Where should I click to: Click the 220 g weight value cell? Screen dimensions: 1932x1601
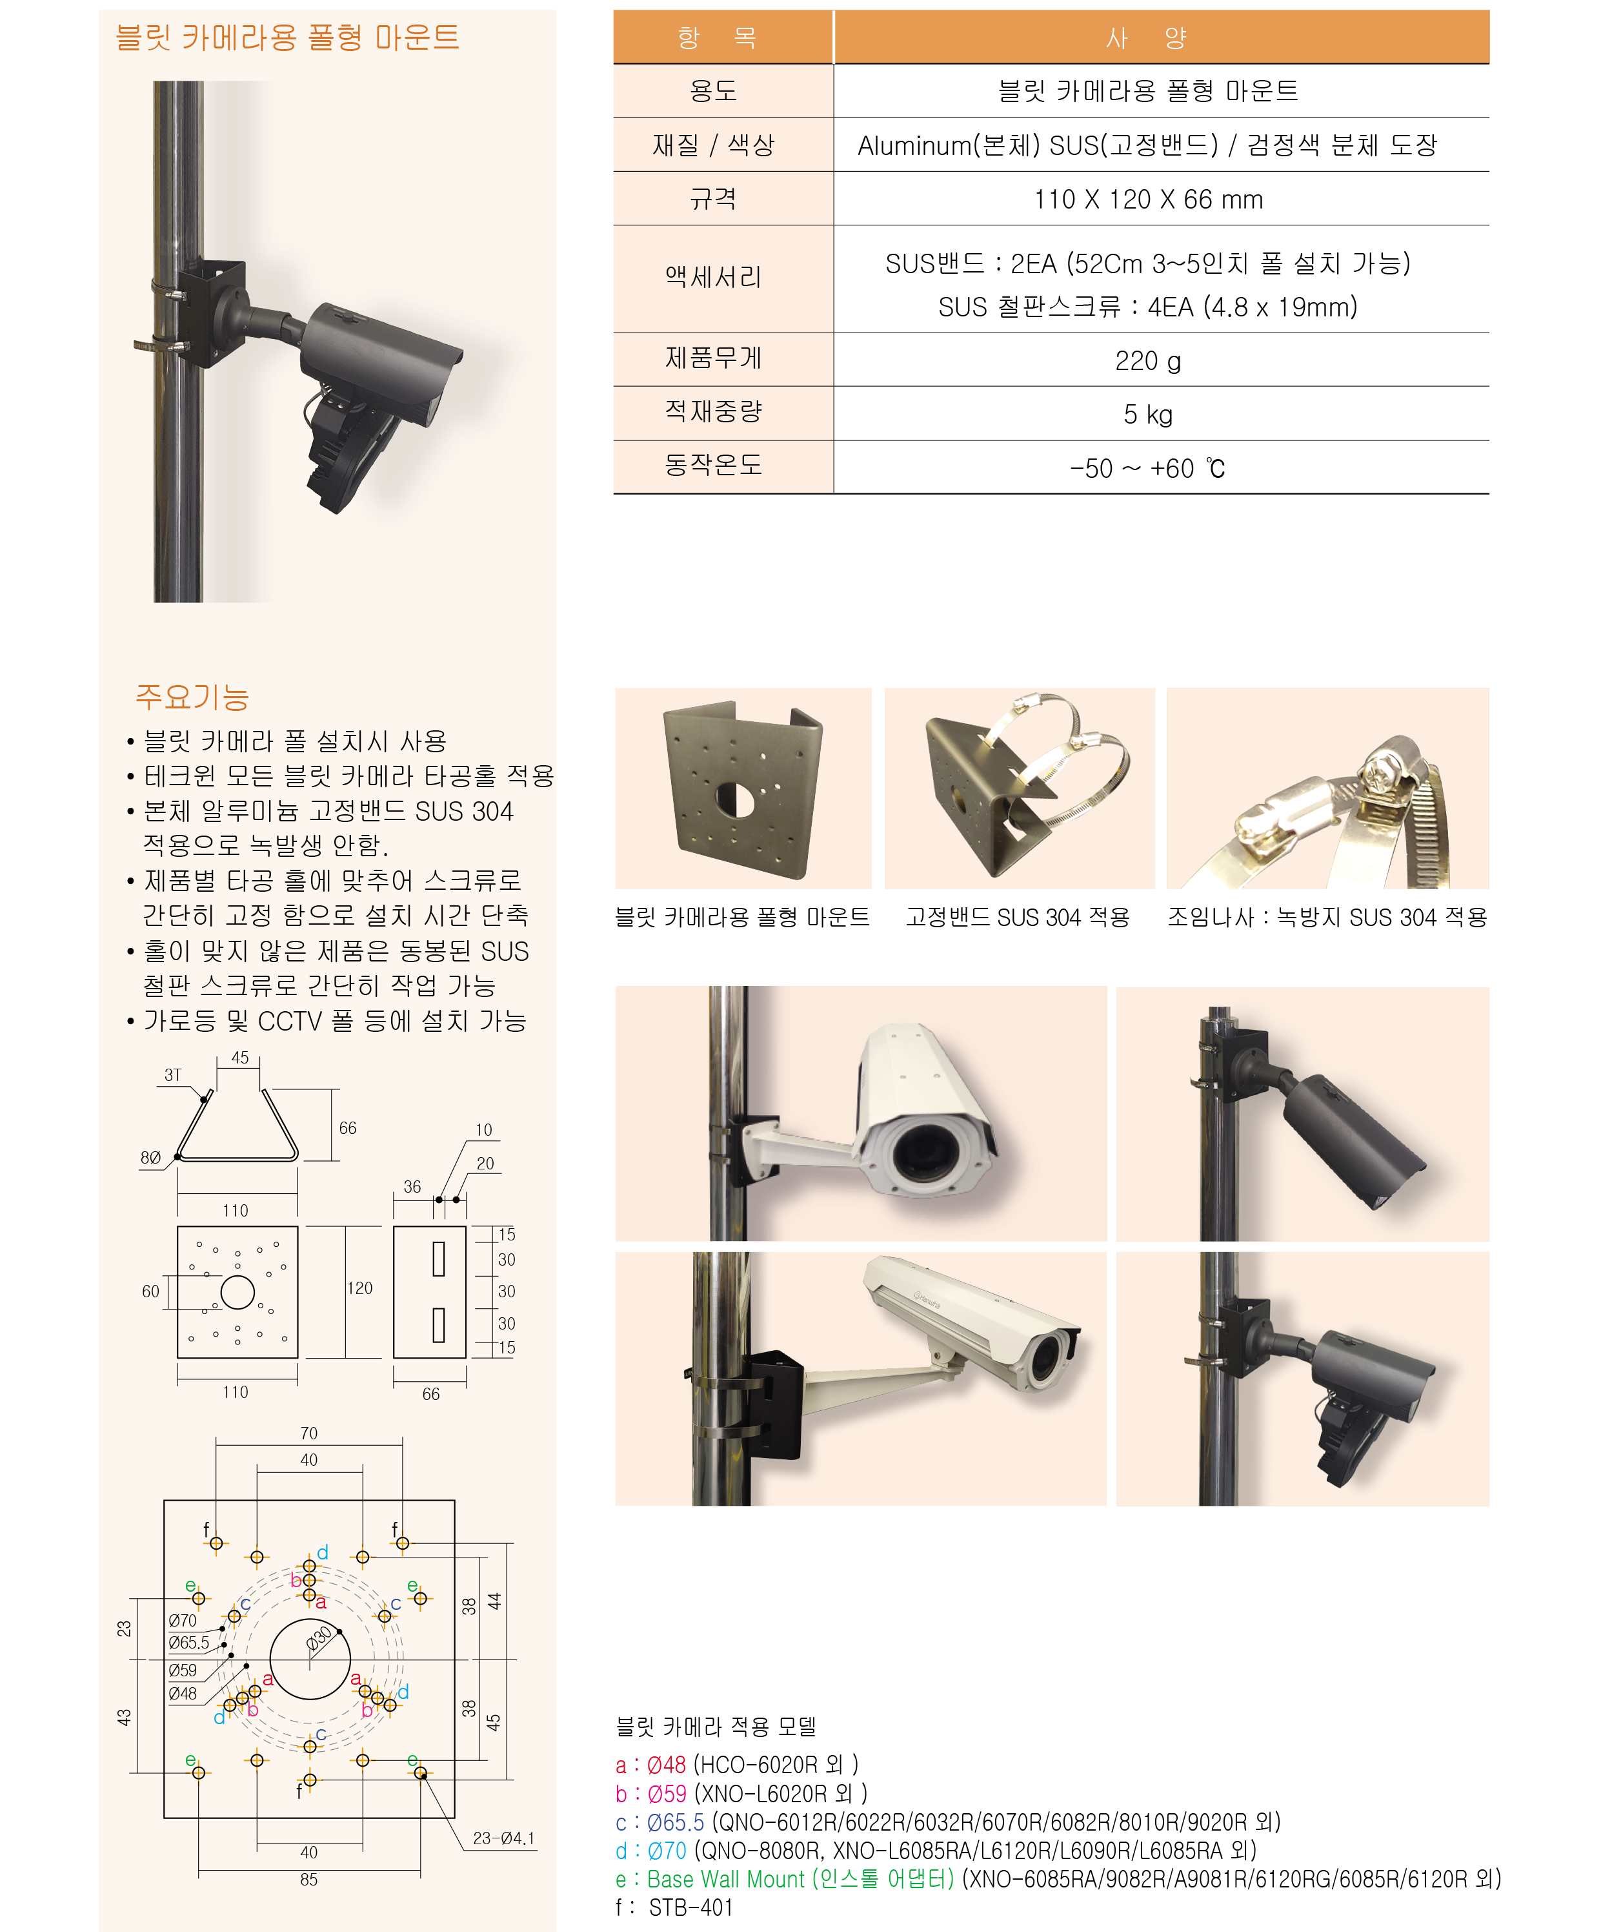(1147, 361)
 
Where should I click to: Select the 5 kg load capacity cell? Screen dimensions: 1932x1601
(1147, 414)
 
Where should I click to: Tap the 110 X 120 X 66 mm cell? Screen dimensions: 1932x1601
(1147, 199)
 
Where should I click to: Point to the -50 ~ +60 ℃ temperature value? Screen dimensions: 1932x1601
(1147, 468)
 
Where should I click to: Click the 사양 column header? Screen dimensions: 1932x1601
(1147, 37)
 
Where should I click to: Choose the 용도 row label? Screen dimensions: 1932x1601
(714, 91)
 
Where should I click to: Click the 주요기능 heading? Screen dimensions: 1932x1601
(192, 697)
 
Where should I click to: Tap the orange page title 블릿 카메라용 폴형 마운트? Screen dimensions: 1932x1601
(287, 37)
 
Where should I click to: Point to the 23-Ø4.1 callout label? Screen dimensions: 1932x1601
(503, 1838)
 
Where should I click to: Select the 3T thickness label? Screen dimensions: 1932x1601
(173, 1074)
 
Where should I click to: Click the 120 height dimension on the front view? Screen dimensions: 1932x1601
(359, 1288)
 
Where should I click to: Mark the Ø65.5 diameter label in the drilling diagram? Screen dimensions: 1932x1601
(188, 1642)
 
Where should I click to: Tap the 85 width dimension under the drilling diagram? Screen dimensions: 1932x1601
(309, 1880)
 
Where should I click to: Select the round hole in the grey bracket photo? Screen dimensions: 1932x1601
(735, 799)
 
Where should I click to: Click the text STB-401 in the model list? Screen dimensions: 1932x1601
(690, 1907)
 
